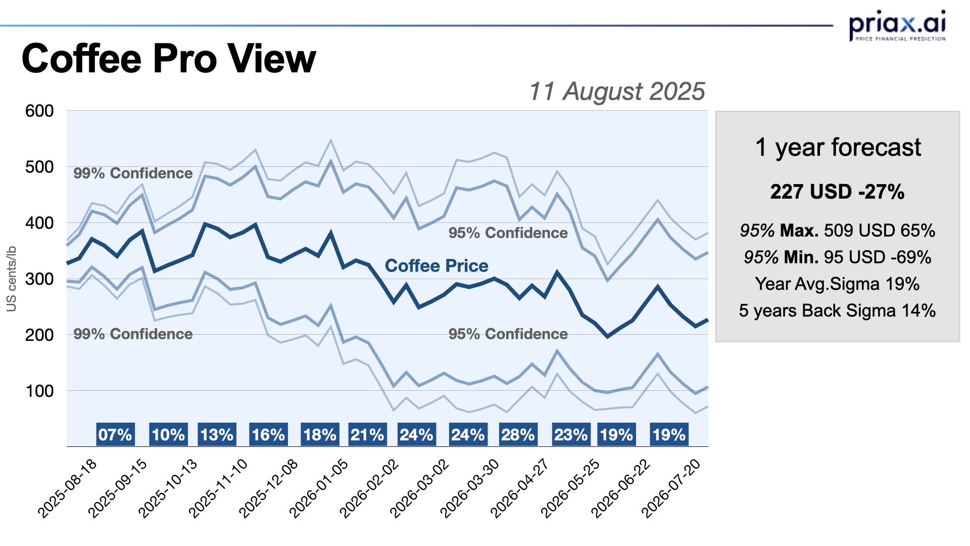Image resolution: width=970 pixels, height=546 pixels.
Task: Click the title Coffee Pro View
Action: pyautogui.click(x=169, y=59)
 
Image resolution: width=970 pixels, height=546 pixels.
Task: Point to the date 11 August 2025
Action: pyautogui.click(x=616, y=92)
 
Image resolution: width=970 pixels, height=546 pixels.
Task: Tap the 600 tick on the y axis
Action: pyautogui.click(x=39, y=111)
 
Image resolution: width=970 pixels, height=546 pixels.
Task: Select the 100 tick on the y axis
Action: pyautogui.click(x=39, y=391)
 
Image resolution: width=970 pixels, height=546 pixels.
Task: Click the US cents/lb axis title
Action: pyautogui.click(x=11, y=279)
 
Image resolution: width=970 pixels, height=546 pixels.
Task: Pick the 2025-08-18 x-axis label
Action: pyautogui.click(x=67, y=488)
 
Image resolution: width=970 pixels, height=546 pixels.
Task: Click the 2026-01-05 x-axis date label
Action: pyautogui.click(x=319, y=488)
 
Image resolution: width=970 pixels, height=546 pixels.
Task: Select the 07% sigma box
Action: pyautogui.click(x=115, y=435)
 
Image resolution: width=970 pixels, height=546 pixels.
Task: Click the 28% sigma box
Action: pyautogui.click(x=518, y=435)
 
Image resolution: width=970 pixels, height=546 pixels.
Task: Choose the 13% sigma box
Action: pyautogui.click(x=217, y=435)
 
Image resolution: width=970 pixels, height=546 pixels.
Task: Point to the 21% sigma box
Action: pyautogui.click(x=367, y=435)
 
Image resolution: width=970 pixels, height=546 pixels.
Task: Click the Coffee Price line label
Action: pyautogui.click(x=437, y=266)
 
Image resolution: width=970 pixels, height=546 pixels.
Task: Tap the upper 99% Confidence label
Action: pyautogui.click(x=133, y=173)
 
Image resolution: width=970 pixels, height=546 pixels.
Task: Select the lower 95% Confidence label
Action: pyautogui.click(x=508, y=334)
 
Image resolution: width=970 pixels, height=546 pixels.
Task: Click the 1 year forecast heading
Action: pyautogui.click(x=838, y=148)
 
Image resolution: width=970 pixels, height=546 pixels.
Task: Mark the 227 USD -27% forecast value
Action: pyautogui.click(x=837, y=192)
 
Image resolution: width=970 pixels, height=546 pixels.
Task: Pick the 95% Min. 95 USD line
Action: pyautogui.click(x=837, y=257)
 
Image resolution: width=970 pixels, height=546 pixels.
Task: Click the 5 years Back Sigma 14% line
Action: pyautogui.click(x=837, y=310)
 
